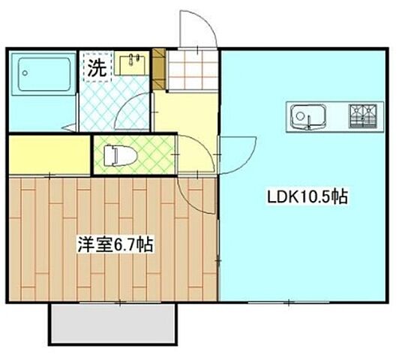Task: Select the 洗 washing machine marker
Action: click(x=96, y=67)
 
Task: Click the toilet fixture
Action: click(x=124, y=155)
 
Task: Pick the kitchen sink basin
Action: click(x=307, y=116)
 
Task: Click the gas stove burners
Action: click(x=364, y=115)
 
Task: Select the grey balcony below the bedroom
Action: click(x=114, y=322)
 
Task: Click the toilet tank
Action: click(x=110, y=155)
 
